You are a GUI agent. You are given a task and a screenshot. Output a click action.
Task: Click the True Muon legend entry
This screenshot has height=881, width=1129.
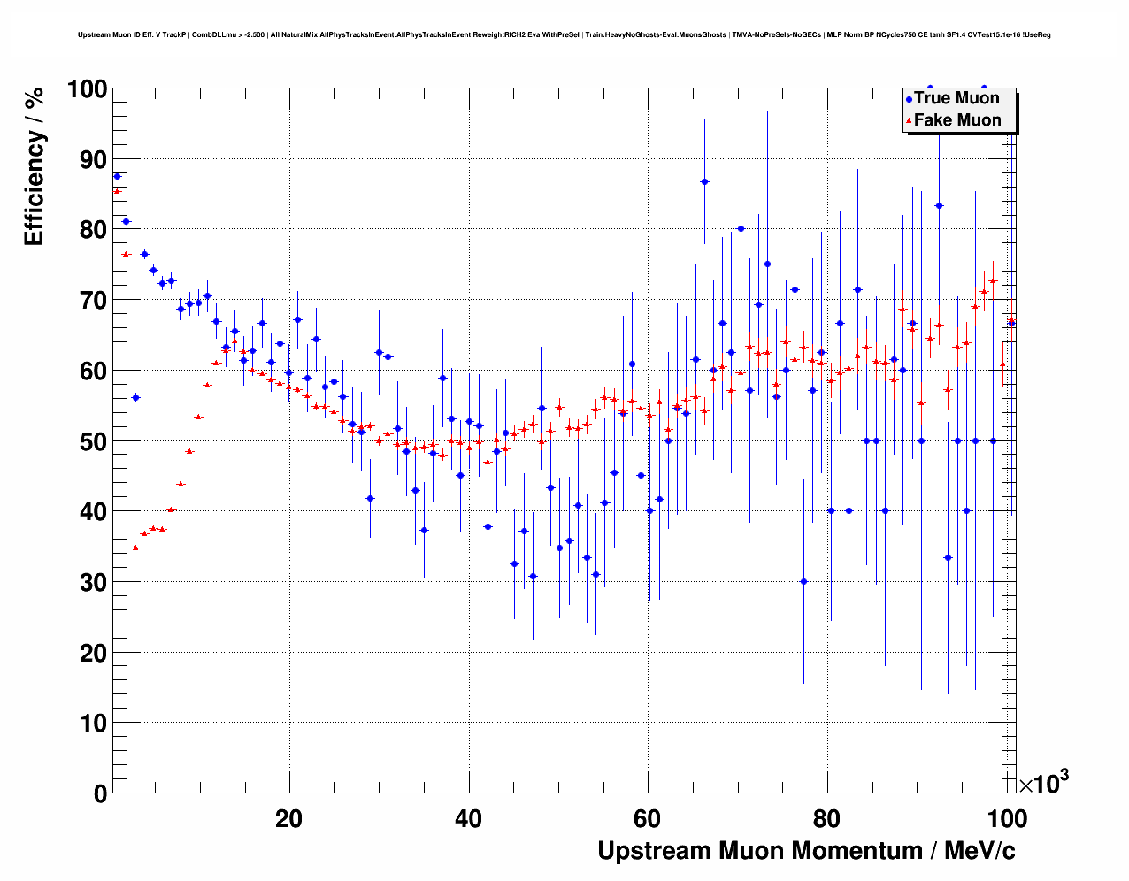[x=956, y=98]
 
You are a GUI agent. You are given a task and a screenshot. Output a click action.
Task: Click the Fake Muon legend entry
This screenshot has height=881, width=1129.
[x=956, y=120]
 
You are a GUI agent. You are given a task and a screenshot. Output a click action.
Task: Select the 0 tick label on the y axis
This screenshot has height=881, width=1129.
[x=100, y=793]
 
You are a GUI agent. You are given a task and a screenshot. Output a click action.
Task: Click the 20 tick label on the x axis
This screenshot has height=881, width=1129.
[x=289, y=819]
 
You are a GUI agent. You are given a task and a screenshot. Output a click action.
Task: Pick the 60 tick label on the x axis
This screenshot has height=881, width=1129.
[x=648, y=819]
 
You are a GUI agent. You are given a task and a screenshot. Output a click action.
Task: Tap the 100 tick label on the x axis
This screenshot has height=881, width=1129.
[x=1006, y=819]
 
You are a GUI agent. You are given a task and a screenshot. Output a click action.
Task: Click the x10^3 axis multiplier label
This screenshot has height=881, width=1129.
[x=1043, y=783]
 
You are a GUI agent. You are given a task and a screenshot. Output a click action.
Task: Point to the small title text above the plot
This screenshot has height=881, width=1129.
[x=564, y=35]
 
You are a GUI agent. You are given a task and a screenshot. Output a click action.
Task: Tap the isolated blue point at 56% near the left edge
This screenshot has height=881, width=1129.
[x=135, y=397]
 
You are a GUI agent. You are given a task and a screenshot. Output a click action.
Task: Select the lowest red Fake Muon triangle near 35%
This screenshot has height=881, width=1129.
[x=135, y=548]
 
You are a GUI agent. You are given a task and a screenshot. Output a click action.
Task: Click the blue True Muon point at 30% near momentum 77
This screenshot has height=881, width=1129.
[x=803, y=581]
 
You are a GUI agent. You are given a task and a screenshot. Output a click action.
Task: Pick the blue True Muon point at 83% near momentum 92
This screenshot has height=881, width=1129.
[x=939, y=205]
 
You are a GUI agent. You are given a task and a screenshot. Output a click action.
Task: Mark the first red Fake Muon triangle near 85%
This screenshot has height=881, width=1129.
[x=117, y=191]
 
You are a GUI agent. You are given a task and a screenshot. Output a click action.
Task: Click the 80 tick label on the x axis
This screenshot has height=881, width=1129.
[x=826, y=819]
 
